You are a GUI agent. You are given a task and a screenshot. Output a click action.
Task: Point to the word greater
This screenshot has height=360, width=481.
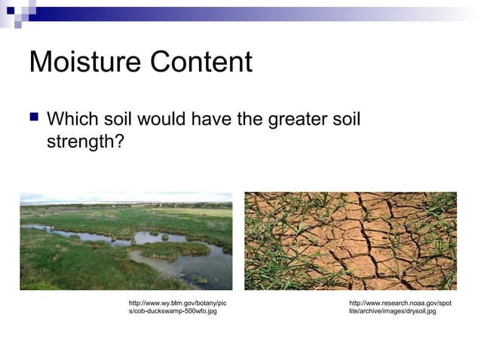pos(299,119)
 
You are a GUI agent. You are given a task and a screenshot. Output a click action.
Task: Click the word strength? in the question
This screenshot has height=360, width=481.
pos(84,141)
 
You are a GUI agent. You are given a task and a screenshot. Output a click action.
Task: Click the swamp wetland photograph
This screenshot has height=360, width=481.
pos(126,240)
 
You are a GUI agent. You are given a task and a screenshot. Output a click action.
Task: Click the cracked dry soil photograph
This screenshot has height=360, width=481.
pos(351,240)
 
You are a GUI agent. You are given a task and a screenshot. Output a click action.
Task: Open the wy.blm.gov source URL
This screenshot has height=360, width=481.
pos(177,303)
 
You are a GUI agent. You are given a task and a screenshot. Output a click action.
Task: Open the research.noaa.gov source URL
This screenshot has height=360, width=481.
pos(400,303)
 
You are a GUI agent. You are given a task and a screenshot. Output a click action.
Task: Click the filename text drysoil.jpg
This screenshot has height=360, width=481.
pos(415,311)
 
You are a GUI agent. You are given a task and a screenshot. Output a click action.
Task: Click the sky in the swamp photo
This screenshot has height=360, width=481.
pos(126,197)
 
